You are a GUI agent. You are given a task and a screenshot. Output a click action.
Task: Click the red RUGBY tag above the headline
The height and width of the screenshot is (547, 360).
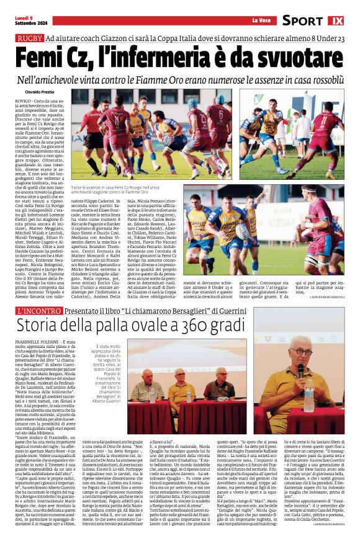click(x=29, y=39)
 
